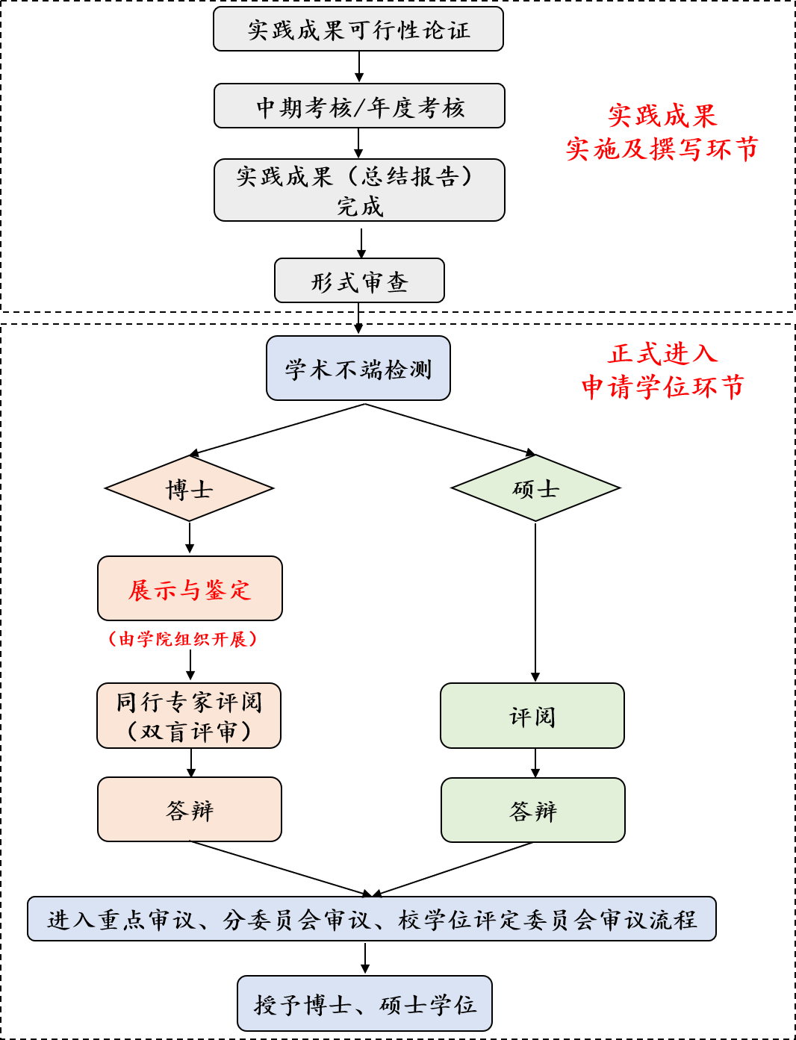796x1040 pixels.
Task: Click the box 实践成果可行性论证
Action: (358, 29)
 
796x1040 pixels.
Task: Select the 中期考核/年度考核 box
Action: (359, 106)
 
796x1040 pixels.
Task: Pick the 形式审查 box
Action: (359, 281)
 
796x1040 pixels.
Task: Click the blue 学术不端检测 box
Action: (358, 368)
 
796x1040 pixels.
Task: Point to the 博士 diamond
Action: (189, 488)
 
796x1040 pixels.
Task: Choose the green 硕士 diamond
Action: (535, 488)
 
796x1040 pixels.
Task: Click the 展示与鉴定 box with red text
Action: (190, 588)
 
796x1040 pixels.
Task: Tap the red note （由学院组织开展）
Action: (183, 639)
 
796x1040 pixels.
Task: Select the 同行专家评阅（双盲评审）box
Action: (189, 715)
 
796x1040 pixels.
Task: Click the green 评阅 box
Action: (532, 715)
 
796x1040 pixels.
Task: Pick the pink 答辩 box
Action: (190, 809)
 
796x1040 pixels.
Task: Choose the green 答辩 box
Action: (533, 810)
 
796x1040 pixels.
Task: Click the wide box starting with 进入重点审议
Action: (372, 918)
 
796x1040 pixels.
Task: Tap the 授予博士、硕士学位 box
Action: (364, 1003)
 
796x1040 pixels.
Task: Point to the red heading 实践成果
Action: (662, 116)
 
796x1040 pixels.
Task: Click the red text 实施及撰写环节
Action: (662, 149)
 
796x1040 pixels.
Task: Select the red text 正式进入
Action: (663, 353)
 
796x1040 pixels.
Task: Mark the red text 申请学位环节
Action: (663, 387)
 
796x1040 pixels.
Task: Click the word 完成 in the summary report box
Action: (359, 206)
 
